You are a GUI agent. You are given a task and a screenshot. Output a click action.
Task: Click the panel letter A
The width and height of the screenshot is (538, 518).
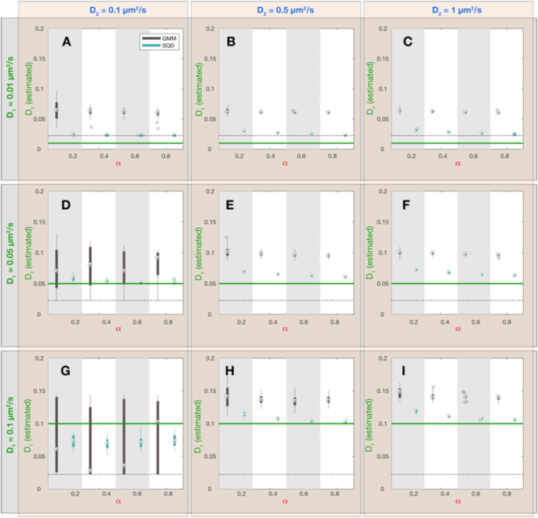click(x=67, y=42)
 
